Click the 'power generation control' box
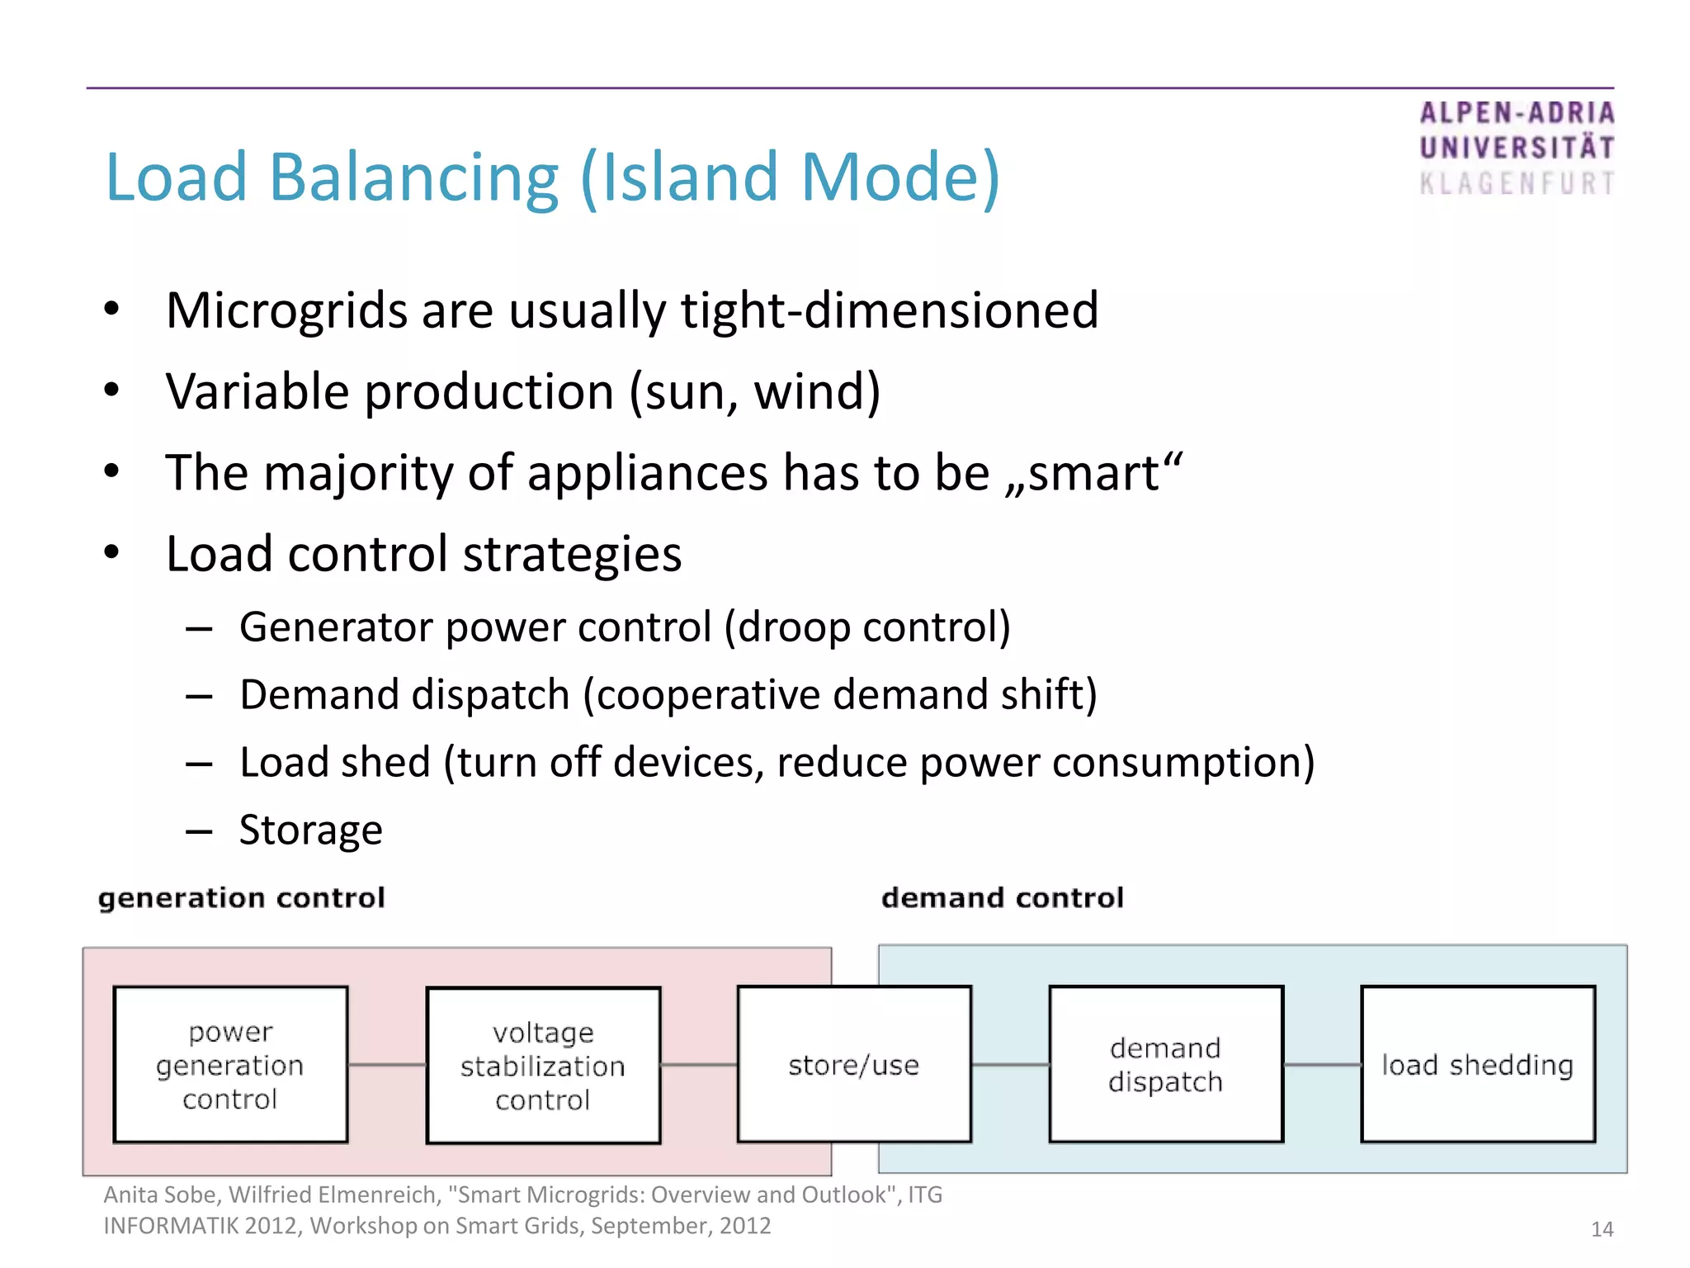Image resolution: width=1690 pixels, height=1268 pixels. pos(230,1064)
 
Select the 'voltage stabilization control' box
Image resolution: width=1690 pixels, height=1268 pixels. pos(543,1065)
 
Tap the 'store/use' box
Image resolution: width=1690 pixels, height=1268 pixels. pos(853,1064)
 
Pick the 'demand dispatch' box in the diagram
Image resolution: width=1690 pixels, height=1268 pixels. pos(1165,1064)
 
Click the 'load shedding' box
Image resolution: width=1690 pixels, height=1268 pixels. pos(1477,1064)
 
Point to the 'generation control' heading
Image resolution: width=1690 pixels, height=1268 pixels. pos(241,897)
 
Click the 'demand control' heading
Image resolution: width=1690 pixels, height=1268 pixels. pos(1002,897)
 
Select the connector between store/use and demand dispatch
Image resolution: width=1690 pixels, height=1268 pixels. pos(1010,1065)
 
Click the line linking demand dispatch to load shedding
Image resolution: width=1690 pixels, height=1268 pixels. pos(1322,1065)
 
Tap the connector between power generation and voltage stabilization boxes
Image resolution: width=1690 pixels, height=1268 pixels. pos(386,1065)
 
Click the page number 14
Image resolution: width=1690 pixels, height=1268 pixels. pos(1601,1229)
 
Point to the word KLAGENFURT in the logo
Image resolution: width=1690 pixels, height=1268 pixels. pos(1517,183)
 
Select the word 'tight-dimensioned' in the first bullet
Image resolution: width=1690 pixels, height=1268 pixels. pos(890,310)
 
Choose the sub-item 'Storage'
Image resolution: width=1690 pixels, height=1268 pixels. pos(310,830)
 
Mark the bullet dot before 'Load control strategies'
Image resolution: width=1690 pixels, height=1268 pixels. pos(112,552)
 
